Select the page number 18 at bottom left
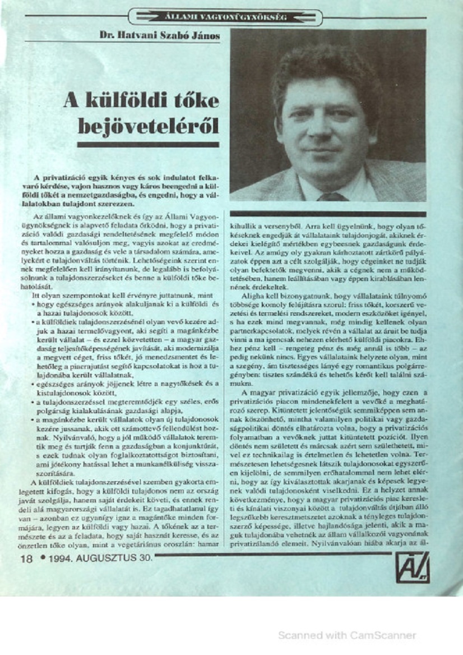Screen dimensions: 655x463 (26, 559)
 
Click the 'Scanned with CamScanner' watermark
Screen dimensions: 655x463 (347, 635)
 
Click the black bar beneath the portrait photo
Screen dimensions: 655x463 (328, 213)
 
